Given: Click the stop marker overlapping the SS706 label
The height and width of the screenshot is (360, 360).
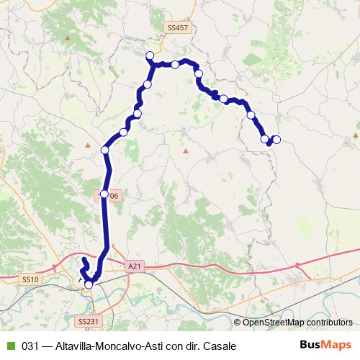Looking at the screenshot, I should coord(104,194).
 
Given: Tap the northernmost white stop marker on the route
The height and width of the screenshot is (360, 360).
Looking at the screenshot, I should coord(150,55).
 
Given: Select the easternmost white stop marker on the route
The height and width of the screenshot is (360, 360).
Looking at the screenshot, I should coord(276,140).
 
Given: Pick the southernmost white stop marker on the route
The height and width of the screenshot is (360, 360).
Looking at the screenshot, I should coord(89,285).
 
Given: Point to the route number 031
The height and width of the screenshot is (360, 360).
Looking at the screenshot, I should coord(31,346).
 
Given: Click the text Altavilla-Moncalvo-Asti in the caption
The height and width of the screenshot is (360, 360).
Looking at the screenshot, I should coord(109,346).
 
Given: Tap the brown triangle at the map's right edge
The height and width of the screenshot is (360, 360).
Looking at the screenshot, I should coord(356,135).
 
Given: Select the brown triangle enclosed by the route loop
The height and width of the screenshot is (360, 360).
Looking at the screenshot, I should coord(185,151).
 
